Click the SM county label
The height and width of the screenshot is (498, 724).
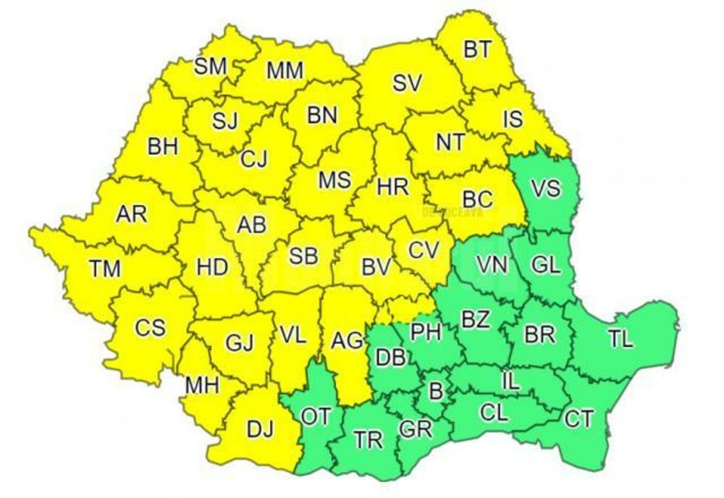211,67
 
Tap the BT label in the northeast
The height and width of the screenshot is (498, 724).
477,49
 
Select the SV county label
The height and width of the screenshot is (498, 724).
407,83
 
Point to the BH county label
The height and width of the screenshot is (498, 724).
162,147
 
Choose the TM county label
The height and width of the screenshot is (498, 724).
105,269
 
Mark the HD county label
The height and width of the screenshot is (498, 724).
213,266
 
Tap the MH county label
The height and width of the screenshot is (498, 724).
202,385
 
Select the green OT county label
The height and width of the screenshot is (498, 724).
317,417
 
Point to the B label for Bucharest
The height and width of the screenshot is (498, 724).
436,392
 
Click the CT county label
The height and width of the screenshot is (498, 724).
579,418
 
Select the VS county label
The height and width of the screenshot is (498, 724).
545,190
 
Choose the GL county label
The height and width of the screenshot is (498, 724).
545,265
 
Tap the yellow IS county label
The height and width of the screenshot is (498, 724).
513,118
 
